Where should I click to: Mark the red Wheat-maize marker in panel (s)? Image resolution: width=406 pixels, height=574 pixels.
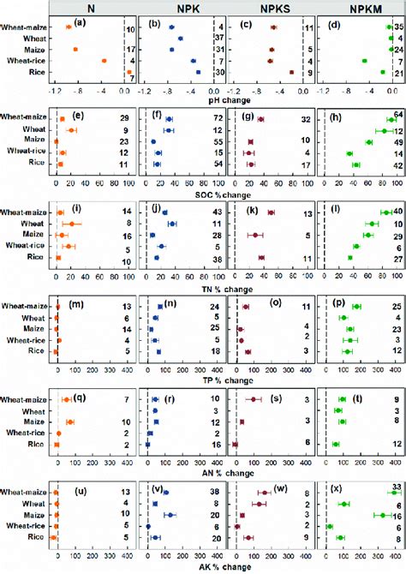pyautogui.click(x=255, y=398)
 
